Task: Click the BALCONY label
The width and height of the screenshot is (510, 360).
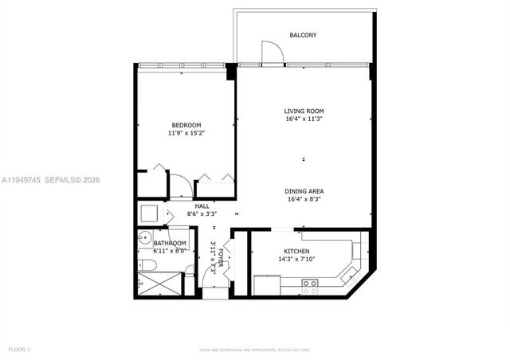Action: pos(303,35)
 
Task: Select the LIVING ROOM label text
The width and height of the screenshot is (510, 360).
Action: pos(304,111)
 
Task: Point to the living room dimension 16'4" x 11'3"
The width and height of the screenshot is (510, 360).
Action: pos(304,119)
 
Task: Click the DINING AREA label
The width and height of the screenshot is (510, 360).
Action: pos(304,191)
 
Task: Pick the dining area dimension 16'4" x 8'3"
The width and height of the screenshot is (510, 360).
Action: pos(304,199)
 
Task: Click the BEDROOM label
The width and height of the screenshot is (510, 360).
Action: pos(186,125)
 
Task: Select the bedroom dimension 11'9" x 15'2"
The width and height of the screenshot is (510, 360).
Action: pos(186,133)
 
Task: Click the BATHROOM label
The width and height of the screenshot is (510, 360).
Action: pos(170,243)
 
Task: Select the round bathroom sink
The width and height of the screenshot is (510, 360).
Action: pos(144,237)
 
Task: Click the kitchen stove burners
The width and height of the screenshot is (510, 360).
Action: pos(309,283)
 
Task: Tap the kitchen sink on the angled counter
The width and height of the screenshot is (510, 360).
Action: pos(348,275)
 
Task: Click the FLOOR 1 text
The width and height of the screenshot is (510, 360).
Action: pos(18,349)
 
